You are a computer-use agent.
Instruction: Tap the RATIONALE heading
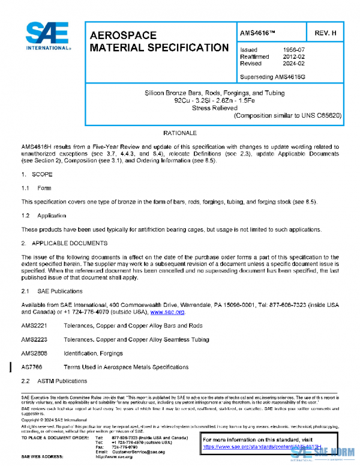[x=181, y=132]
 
